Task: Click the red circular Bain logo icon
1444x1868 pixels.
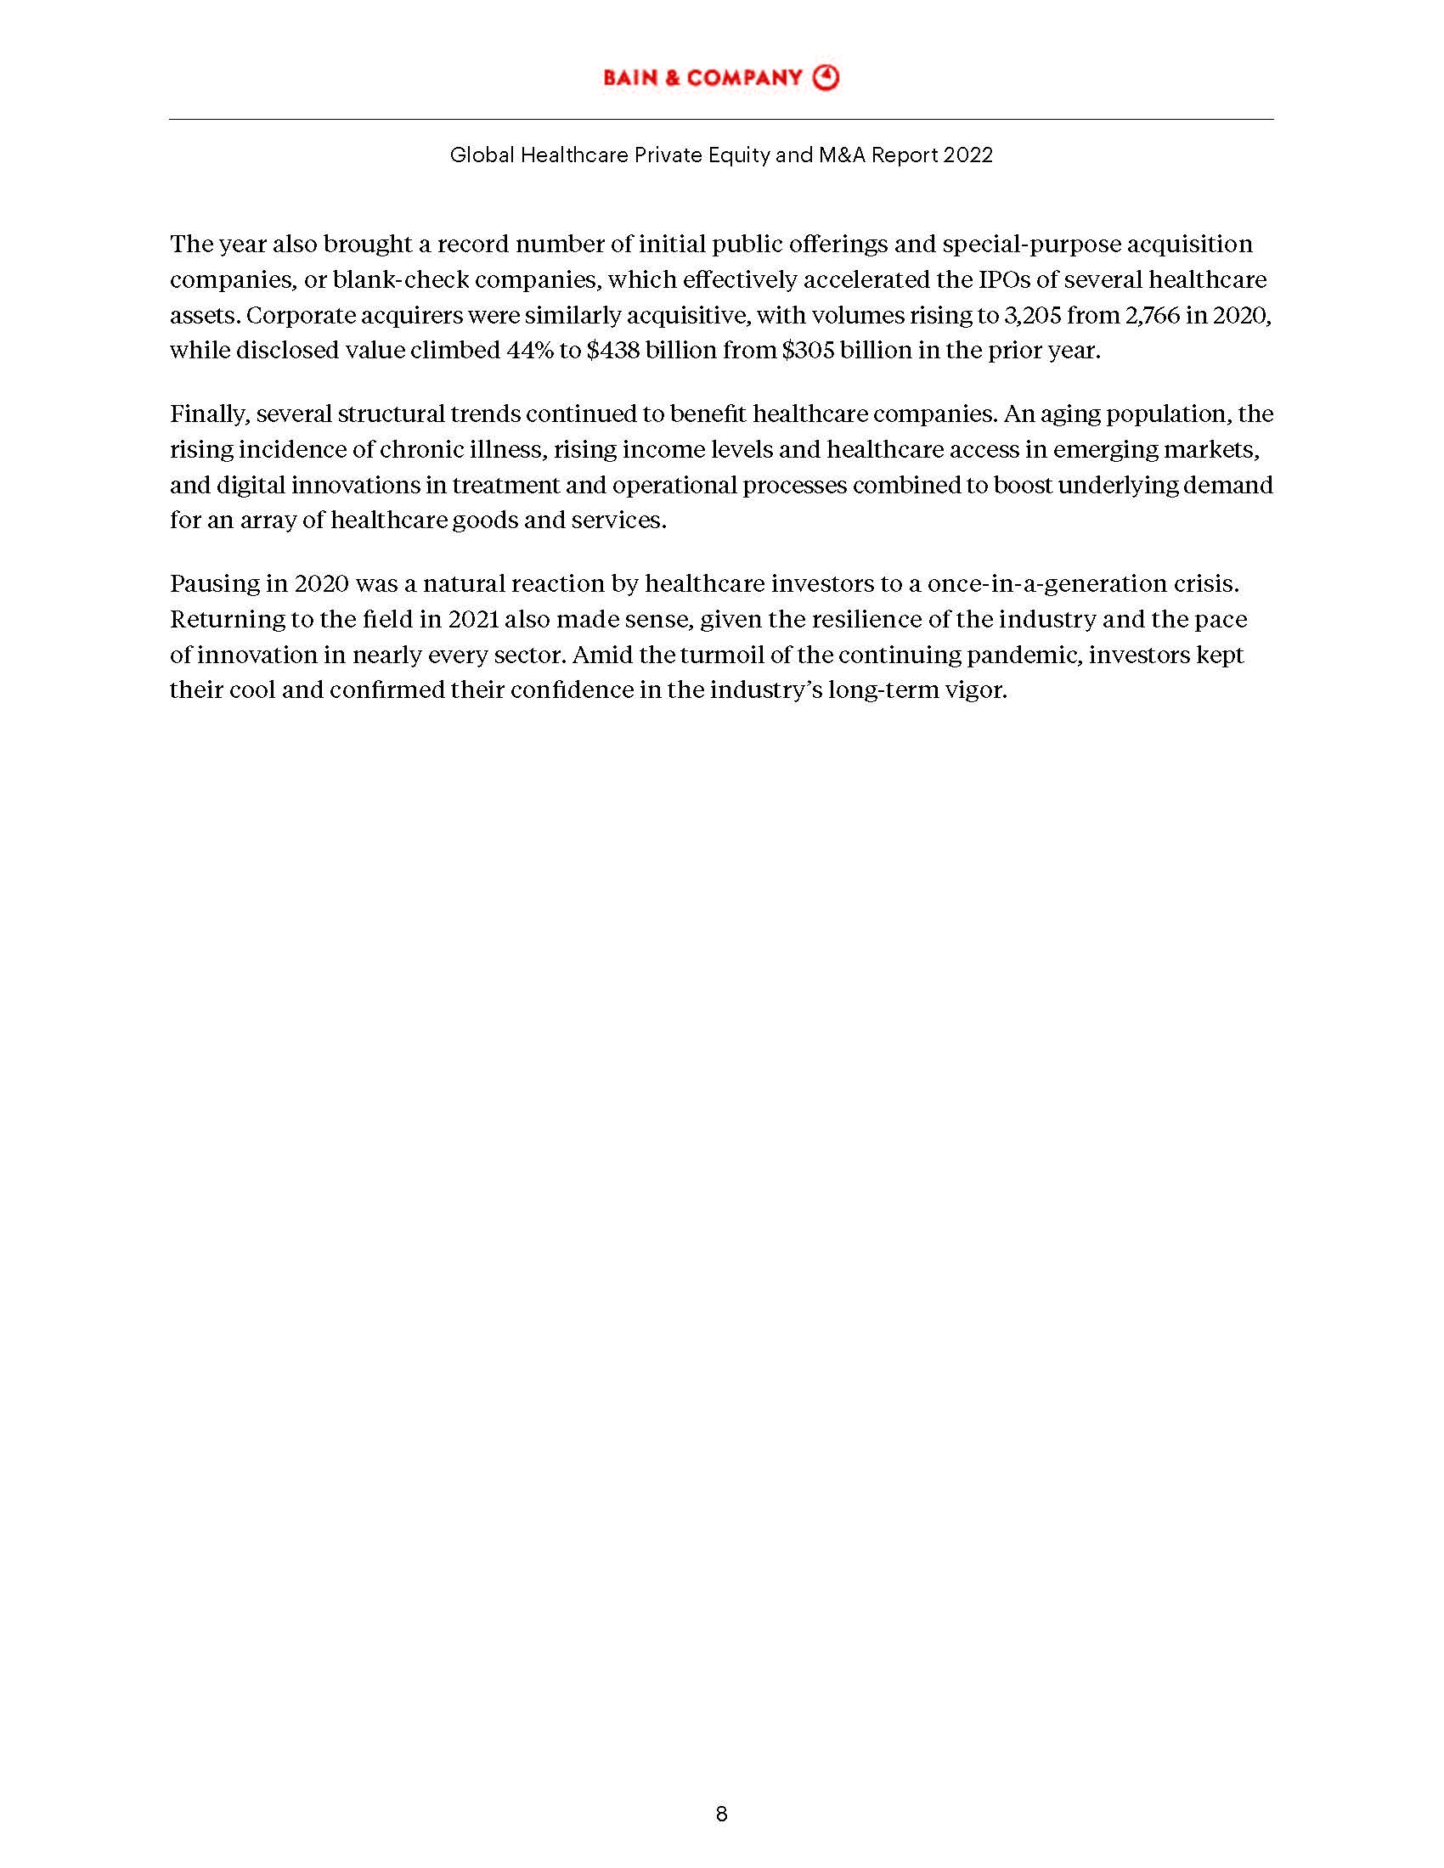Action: pyautogui.click(x=826, y=78)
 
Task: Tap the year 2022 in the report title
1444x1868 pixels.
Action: pyautogui.click(x=969, y=155)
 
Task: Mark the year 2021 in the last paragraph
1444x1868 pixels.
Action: pyautogui.click(x=473, y=619)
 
